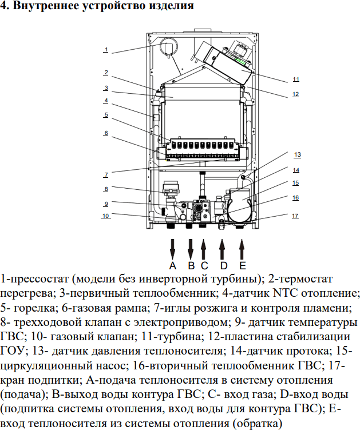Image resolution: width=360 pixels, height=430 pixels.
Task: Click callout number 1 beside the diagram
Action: [106, 50]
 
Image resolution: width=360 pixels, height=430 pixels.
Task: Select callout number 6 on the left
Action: [106, 133]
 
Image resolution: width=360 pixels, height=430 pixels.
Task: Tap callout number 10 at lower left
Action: [106, 216]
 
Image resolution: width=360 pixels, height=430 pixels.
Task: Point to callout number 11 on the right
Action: [295, 79]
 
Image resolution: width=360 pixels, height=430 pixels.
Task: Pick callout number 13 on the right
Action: [297, 155]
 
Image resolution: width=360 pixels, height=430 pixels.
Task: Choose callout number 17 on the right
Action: [295, 216]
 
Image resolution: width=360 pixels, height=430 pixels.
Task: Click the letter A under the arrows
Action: [172, 266]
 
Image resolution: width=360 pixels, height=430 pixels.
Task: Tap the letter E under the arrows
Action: [242, 266]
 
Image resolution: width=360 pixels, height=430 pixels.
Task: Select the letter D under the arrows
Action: [224, 266]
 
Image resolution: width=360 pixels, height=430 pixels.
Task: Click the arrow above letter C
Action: [204, 249]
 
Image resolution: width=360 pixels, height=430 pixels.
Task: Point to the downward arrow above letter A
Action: [172, 249]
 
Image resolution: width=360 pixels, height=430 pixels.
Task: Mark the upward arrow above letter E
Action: [242, 249]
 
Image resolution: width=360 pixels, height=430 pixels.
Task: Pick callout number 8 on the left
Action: [106, 189]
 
